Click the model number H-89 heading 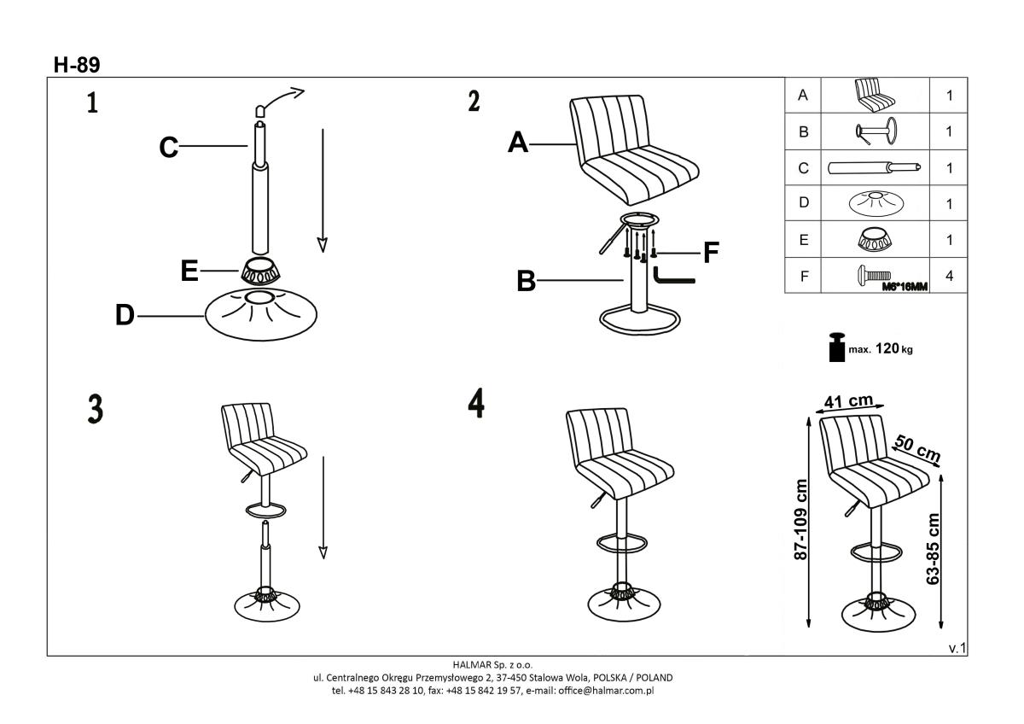(77, 65)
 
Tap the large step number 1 (92, 102)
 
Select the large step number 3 (95, 409)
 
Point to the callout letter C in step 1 (168, 147)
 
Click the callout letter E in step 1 (189, 271)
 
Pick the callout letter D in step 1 (125, 315)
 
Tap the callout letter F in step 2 (711, 253)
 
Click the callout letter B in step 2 (527, 281)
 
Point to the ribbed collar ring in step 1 (260, 271)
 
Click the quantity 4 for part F (949, 276)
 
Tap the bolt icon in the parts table (874, 274)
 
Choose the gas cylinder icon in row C (874, 168)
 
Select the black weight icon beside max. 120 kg (837, 347)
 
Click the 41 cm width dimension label (848, 401)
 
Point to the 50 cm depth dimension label (917, 449)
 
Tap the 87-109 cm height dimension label (801, 520)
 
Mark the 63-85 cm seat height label (933, 549)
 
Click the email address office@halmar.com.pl (606, 691)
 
